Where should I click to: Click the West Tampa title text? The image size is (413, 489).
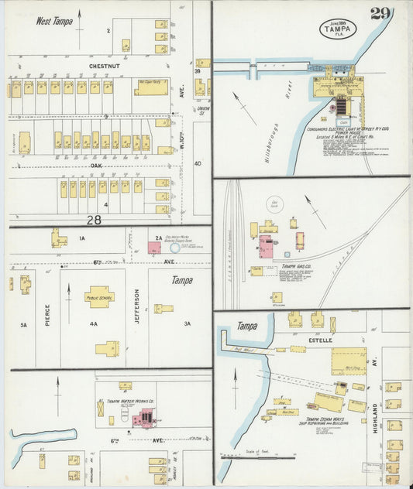pos(53,22)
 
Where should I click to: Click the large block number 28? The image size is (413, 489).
pos(95,221)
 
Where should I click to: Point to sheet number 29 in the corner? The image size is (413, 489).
pos(380,13)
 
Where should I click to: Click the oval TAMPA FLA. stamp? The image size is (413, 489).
pos(339,29)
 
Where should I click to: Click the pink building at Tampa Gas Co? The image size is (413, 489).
pos(266,248)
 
